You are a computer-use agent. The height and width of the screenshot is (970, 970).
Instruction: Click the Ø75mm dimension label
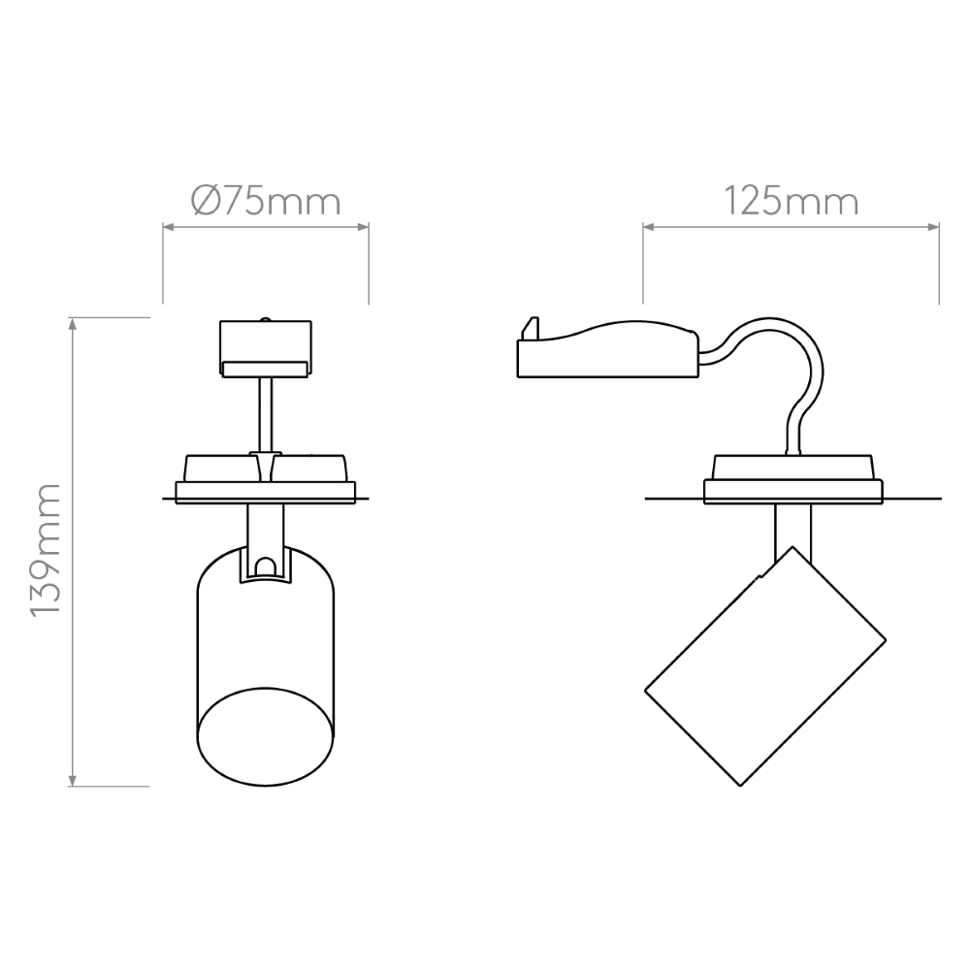point(266,201)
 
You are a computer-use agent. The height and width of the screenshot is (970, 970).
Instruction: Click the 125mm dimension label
point(791,201)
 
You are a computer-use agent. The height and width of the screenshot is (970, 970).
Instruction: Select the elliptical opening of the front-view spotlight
point(266,737)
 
